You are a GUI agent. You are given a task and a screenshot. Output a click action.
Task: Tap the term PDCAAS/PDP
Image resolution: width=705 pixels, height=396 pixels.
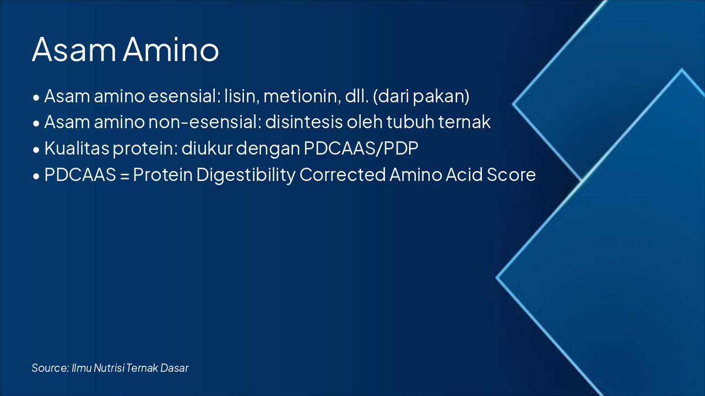pyautogui.click(x=357, y=148)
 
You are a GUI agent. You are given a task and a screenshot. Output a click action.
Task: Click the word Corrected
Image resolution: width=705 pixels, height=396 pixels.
pyautogui.click(x=343, y=175)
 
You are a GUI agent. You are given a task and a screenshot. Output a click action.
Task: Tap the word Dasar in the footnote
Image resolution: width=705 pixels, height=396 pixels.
pyautogui.click(x=175, y=368)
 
